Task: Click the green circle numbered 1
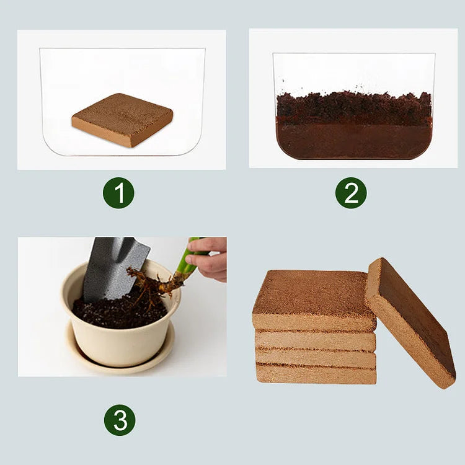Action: point(118,193)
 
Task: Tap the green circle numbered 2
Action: point(351,193)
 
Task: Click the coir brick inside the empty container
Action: point(122,119)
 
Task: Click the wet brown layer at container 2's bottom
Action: point(353,139)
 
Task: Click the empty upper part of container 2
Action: point(353,71)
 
